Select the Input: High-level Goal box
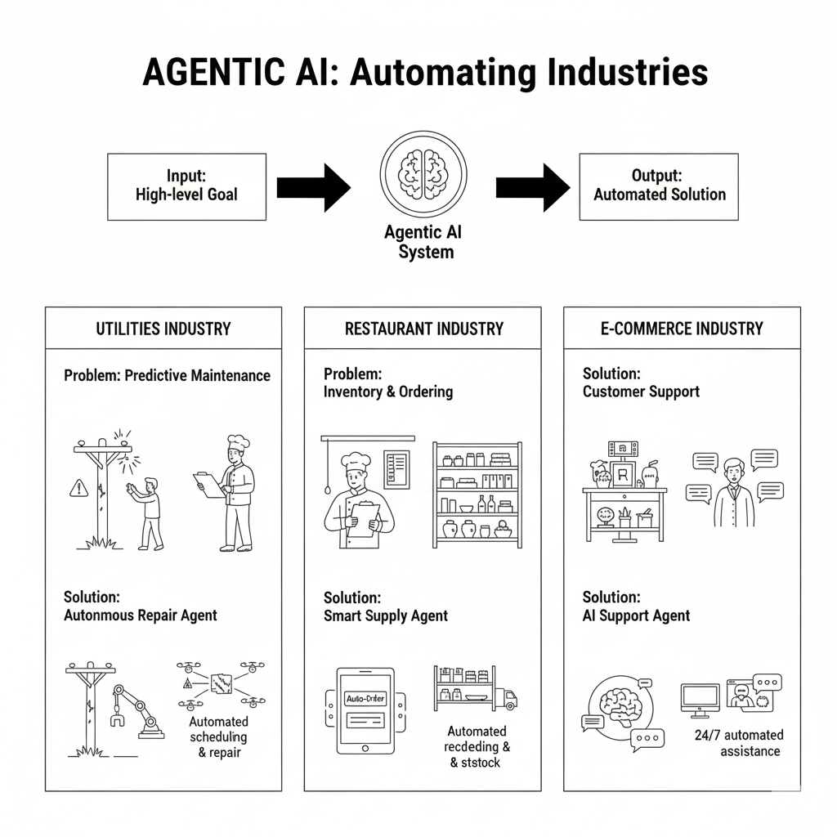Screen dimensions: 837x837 click(x=186, y=186)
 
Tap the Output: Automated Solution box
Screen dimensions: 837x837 click(x=659, y=186)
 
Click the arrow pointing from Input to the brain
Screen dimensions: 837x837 click(x=313, y=187)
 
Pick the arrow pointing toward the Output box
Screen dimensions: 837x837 click(x=533, y=187)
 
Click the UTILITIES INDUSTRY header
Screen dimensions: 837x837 click(x=163, y=329)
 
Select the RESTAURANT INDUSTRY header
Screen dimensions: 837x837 click(x=423, y=329)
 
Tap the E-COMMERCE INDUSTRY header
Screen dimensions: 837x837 click(x=682, y=329)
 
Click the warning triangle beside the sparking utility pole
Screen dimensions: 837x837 click(x=78, y=489)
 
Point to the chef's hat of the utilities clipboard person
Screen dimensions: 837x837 click(x=237, y=443)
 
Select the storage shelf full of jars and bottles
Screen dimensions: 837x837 click(x=477, y=495)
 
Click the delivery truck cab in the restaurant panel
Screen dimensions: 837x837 click(x=508, y=698)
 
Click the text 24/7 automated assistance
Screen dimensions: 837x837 click(x=739, y=743)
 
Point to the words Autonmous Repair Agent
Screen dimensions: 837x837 click(x=141, y=615)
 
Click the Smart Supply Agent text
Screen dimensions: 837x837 click(x=386, y=615)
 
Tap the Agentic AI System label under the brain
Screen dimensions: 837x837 click(x=423, y=242)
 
